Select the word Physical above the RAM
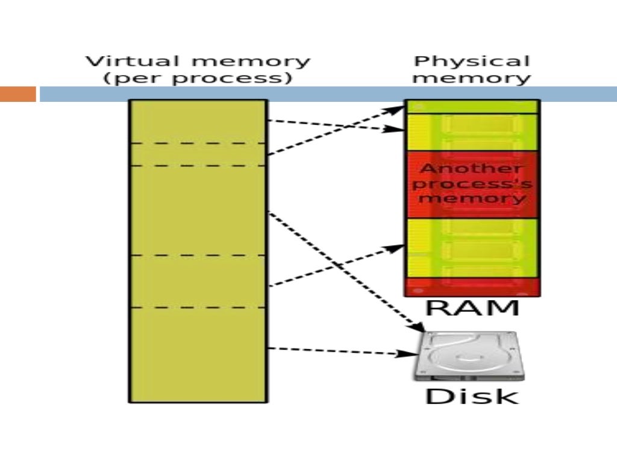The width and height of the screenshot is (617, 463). point(472,61)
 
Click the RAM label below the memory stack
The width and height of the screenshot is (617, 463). point(472,308)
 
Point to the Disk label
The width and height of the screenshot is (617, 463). point(472,397)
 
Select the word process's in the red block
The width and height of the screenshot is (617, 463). point(472,183)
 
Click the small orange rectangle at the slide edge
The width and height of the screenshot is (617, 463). point(17,94)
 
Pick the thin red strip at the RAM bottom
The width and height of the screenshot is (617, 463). point(472,287)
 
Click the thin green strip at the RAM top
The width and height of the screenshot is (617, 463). point(472,107)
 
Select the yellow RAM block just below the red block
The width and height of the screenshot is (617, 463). point(472,247)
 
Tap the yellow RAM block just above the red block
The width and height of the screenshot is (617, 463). point(472,132)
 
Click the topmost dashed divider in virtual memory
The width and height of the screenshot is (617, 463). point(198,143)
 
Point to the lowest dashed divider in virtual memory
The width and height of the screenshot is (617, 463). point(198,307)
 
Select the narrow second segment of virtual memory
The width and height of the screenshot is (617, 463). point(198,154)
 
